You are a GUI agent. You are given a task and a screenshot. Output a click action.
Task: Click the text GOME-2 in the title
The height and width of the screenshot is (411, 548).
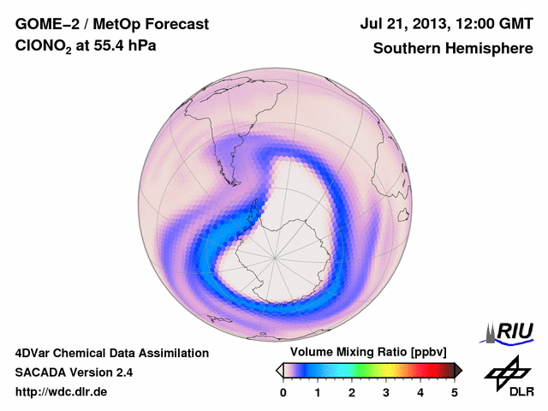[x=44, y=24]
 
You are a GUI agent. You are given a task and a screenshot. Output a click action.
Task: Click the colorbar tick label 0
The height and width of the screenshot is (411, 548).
[x=283, y=392]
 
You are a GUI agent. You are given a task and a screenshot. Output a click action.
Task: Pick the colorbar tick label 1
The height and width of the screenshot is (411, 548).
[x=318, y=392]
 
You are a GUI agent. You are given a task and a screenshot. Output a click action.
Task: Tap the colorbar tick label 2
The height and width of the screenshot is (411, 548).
[x=352, y=392]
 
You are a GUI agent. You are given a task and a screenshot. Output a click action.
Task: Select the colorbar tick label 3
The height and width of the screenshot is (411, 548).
[x=386, y=392]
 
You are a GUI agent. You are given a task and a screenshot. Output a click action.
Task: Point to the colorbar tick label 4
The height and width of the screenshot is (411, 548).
[x=420, y=392]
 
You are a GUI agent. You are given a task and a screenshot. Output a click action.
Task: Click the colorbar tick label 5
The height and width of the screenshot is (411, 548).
[x=455, y=392]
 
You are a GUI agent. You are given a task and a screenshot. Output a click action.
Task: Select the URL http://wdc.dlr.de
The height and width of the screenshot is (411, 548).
[x=62, y=392]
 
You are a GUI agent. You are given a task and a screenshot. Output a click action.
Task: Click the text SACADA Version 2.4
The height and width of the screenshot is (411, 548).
[x=74, y=372]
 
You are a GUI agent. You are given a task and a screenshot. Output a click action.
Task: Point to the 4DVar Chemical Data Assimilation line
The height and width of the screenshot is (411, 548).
[x=111, y=353]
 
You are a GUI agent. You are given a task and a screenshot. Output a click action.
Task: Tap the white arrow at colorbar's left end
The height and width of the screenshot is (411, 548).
[x=280, y=370]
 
